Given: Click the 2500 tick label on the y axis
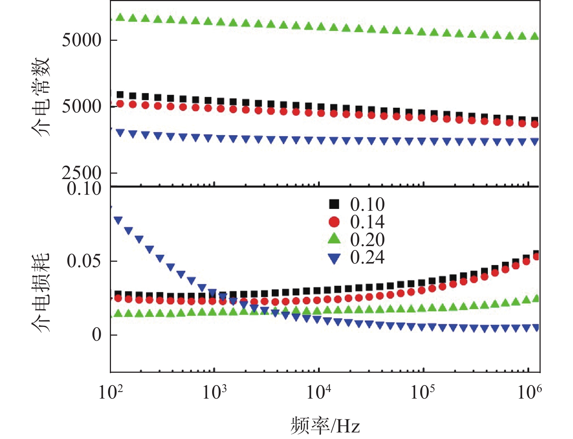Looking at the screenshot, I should pyautogui.click(x=81, y=173).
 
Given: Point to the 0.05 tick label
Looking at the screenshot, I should pyautogui.click(x=84, y=261).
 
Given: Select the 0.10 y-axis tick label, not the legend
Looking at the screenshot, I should pyautogui.click(x=84, y=189).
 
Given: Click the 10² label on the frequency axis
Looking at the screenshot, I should pyautogui.click(x=110, y=392).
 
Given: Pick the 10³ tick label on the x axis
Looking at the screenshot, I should pyautogui.click(x=214, y=392).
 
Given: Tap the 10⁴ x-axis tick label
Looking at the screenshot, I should pyautogui.click(x=319, y=392).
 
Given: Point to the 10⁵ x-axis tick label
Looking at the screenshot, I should pyautogui.click(x=422, y=392).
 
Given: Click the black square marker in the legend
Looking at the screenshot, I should pyautogui.click(x=334, y=204).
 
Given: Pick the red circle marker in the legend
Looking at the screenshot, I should pyautogui.click(x=334, y=222).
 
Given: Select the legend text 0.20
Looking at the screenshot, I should pyautogui.click(x=367, y=240).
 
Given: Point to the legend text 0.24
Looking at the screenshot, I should pyautogui.click(x=367, y=257).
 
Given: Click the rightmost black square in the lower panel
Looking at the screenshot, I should pyautogui.click(x=536, y=254).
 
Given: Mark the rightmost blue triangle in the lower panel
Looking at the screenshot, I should pyautogui.click(x=536, y=328).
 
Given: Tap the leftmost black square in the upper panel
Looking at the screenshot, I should pyautogui.click(x=120, y=95).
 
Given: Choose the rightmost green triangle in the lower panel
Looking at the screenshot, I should pyautogui.click(x=536, y=298).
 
